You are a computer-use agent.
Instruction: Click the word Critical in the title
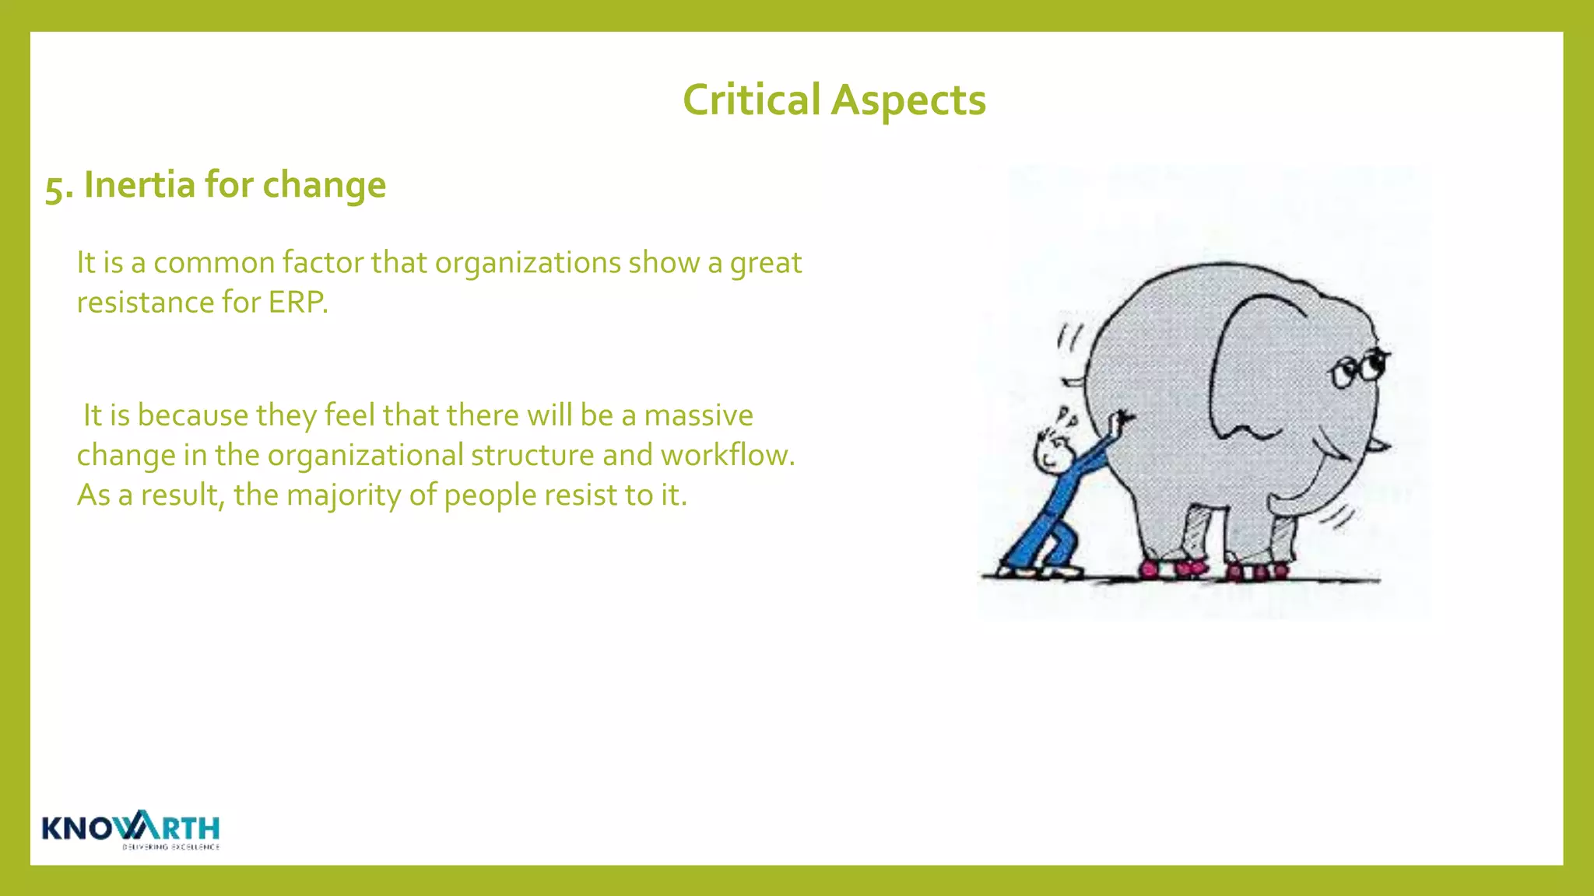[751, 100]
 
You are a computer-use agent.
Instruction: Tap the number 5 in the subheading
[54, 187]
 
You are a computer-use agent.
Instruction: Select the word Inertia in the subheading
[139, 185]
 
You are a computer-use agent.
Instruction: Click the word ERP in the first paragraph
[297, 303]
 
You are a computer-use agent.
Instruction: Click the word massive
[698, 415]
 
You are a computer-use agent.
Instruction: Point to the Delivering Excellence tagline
[170, 847]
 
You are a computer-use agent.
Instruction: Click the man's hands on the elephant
[1121, 422]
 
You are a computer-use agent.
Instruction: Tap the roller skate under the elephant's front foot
[1256, 572]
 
